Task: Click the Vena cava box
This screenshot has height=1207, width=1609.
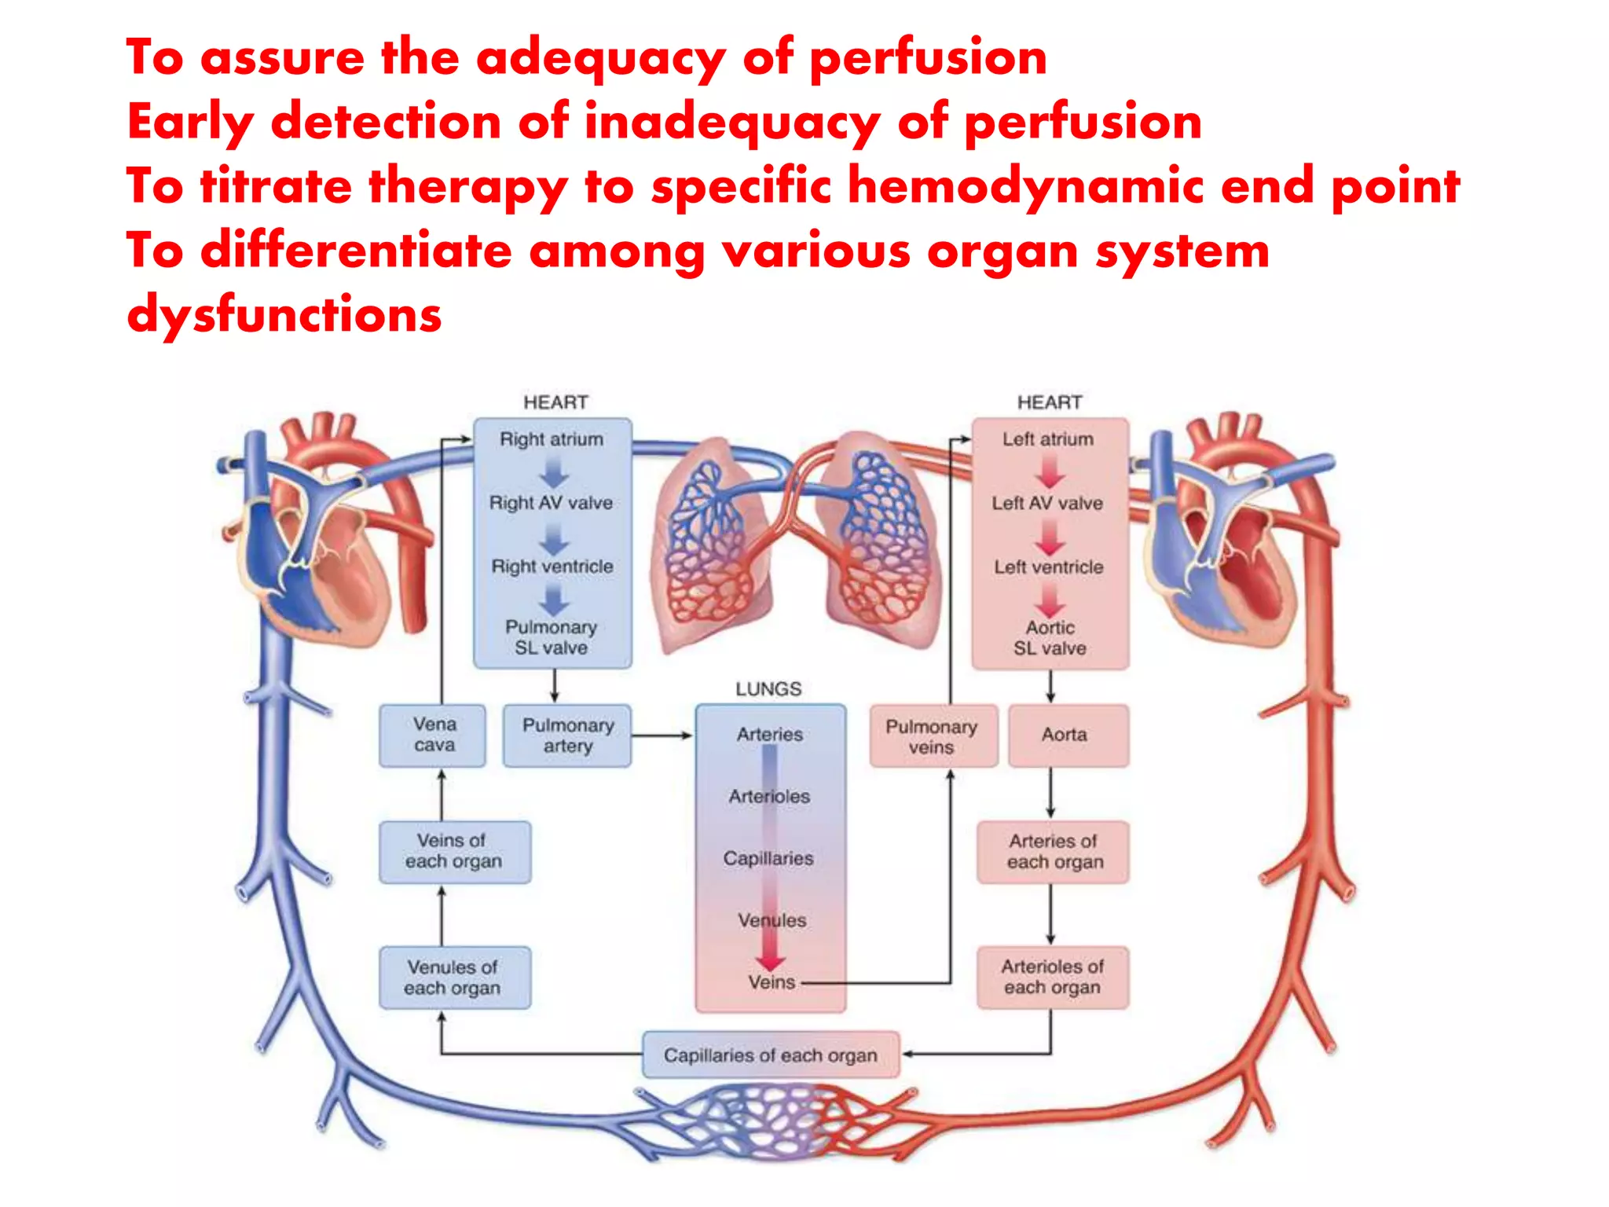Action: (x=433, y=735)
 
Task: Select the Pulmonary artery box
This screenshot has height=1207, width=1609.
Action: (x=567, y=736)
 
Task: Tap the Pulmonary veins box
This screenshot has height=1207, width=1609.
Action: (x=933, y=736)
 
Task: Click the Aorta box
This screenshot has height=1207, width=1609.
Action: (x=1068, y=736)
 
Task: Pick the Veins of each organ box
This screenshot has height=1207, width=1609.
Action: (x=454, y=852)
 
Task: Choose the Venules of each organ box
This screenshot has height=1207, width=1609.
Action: (x=454, y=978)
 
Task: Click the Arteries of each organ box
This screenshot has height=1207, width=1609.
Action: (x=1054, y=852)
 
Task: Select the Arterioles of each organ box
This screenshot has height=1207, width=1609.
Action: (x=1052, y=978)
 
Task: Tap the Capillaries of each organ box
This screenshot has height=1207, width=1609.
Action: (x=771, y=1055)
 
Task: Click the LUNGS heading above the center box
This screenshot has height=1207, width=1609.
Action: (x=768, y=689)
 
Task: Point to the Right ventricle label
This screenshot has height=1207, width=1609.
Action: (x=552, y=567)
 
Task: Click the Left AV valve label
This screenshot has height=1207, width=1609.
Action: (x=1047, y=503)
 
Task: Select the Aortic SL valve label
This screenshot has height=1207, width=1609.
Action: (x=1050, y=638)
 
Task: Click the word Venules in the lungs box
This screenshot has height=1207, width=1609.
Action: (x=772, y=920)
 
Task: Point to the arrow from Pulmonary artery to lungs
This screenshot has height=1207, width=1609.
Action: (x=662, y=736)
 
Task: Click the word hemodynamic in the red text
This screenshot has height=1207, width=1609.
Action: (x=1025, y=186)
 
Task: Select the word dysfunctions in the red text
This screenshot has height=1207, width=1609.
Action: (x=284, y=315)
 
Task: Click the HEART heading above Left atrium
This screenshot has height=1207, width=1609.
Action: (x=1050, y=402)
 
